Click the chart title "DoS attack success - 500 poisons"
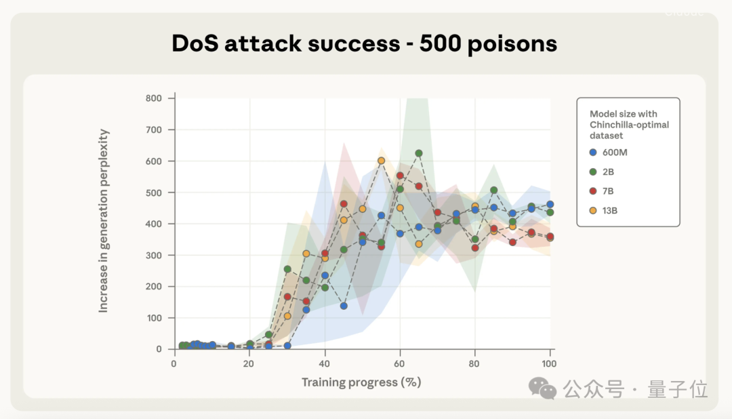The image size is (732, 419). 364,44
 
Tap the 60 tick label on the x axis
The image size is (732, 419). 400,363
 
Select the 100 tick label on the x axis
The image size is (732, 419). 550,363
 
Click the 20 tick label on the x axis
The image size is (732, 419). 249,363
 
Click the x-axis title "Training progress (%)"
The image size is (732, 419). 361,382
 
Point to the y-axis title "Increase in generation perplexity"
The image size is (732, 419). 104,221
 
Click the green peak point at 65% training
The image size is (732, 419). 419,153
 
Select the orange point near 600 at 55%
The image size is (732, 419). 381,161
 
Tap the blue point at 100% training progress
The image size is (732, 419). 550,204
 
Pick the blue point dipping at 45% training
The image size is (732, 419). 344,306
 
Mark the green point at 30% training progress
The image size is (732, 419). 287,269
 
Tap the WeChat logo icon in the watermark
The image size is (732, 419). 542,388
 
